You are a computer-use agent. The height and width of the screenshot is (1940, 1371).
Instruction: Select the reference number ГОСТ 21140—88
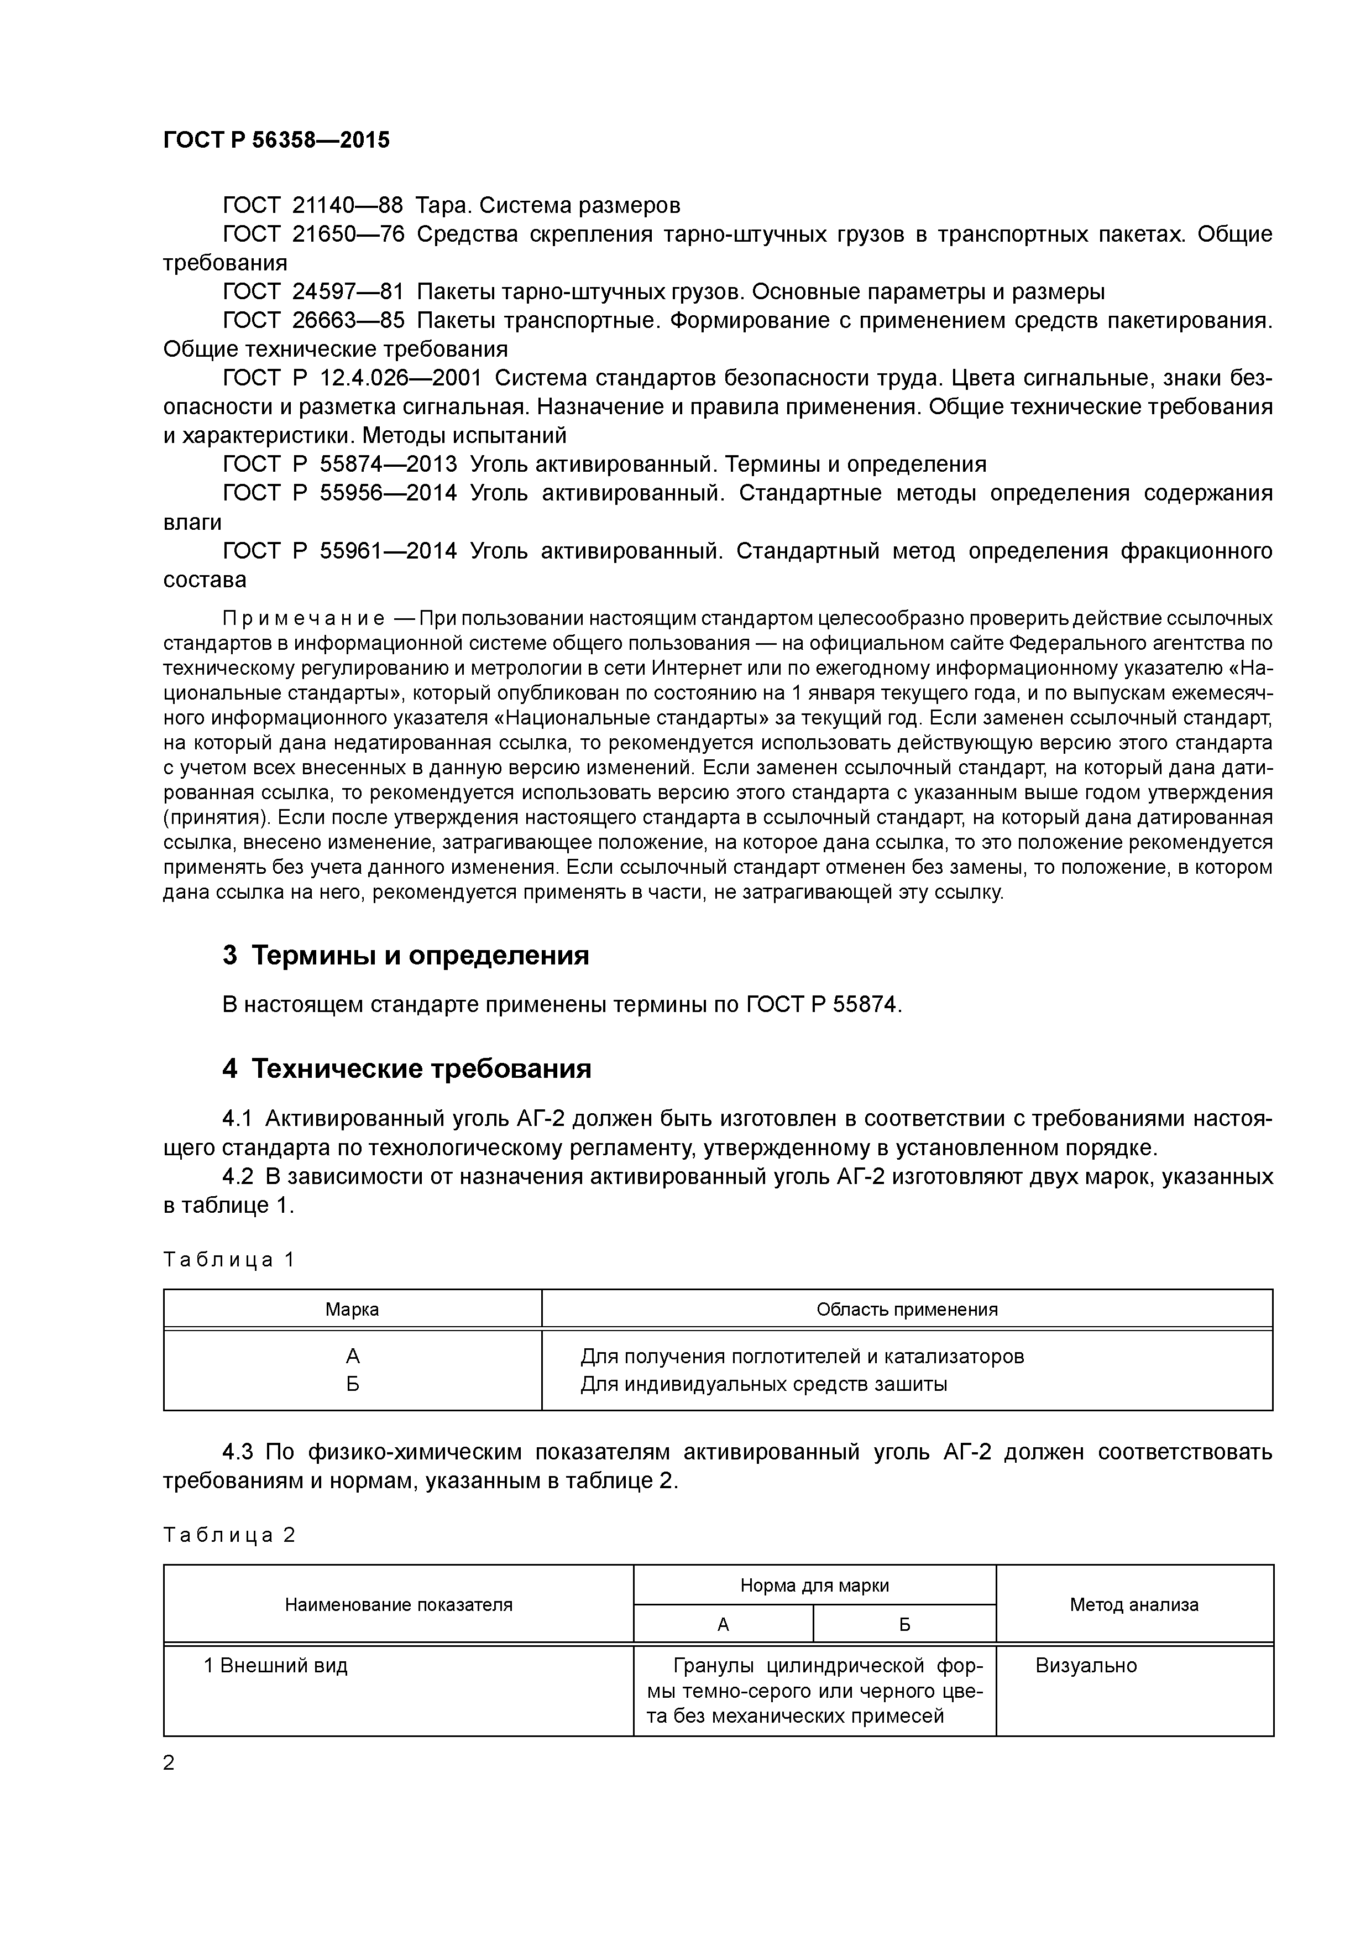tap(312, 205)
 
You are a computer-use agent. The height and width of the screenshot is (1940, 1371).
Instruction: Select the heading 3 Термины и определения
tap(405, 956)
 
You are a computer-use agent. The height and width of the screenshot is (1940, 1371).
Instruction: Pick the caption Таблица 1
tap(228, 1260)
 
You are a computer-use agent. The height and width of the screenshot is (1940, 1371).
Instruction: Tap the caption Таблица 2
tap(228, 1535)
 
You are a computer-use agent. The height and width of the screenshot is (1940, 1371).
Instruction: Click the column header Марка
tap(352, 1310)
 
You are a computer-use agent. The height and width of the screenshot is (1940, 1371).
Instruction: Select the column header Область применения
tap(907, 1310)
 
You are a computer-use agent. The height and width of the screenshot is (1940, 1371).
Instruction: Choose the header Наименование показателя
tap(398, 1604)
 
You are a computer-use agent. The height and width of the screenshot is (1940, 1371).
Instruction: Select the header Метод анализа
tap(1134, 1604)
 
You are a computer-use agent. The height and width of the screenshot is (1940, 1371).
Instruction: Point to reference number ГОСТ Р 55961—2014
tap(339, 551)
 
